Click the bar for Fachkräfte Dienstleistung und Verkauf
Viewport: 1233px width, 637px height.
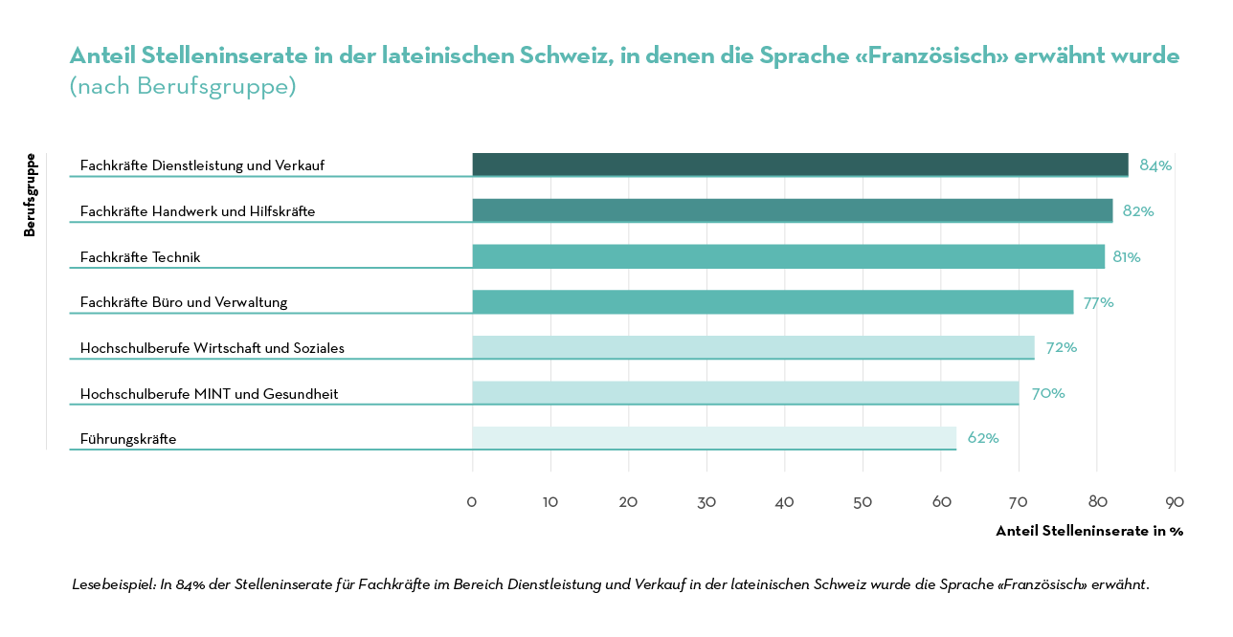799,165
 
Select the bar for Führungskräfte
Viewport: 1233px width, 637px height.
713,438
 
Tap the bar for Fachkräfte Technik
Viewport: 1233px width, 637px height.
788,256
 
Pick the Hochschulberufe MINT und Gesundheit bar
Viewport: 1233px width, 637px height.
745,393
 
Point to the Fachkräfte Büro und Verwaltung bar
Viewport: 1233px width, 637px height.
773,302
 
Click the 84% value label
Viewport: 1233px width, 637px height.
1155,165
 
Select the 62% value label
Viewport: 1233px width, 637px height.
983,438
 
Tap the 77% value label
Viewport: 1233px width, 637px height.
1098,302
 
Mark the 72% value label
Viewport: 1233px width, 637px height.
1061,347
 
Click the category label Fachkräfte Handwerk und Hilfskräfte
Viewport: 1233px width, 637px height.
197,211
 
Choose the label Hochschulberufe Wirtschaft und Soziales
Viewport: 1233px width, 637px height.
212,348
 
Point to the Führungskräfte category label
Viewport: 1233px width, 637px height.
128,439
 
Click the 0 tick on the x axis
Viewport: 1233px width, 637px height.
472,502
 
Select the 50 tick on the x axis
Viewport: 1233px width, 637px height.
863,502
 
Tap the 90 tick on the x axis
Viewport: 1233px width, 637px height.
1175,502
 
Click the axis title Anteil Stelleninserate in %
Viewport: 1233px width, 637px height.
1088,531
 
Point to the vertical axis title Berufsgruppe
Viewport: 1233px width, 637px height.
30,195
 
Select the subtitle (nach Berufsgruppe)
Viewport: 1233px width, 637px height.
183,86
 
